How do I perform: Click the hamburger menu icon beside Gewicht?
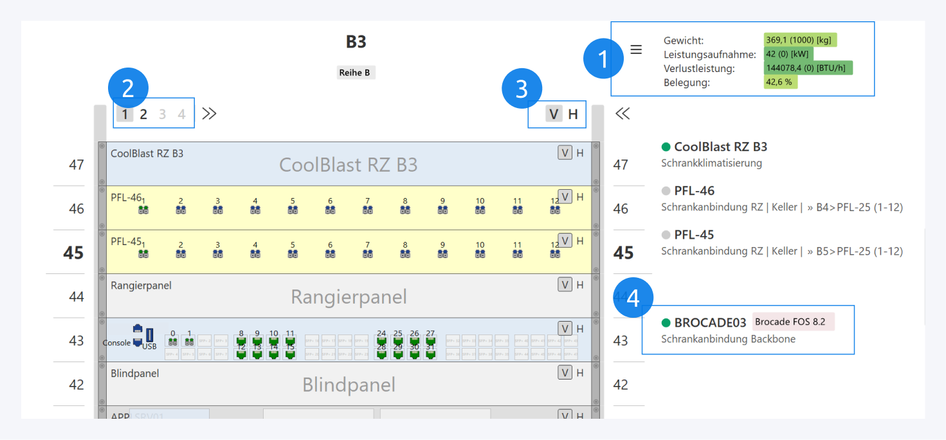point(636,50)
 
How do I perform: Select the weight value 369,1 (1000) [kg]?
point(800,40)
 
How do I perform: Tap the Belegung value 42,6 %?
point(780,82)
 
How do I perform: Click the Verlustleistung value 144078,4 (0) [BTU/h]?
point(808,68)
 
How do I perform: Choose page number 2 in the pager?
point(143,115)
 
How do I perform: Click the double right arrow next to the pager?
point(209,114)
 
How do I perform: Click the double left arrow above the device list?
point(622,114)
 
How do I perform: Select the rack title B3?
point(356,42)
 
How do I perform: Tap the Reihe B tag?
point(356,73)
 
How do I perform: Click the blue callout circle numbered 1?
point(603,60)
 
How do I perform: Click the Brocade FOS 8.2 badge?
point(793,322)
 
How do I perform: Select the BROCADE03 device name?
point(710,322)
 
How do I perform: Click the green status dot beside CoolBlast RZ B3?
point(666,147)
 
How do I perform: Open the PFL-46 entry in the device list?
point(694,190)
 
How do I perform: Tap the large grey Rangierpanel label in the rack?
point(349,297)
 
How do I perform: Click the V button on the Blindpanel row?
point(565,372)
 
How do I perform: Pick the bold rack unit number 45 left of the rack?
point(73,253)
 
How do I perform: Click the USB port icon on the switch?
point(150,336)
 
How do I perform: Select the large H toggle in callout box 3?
point(573,115)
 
